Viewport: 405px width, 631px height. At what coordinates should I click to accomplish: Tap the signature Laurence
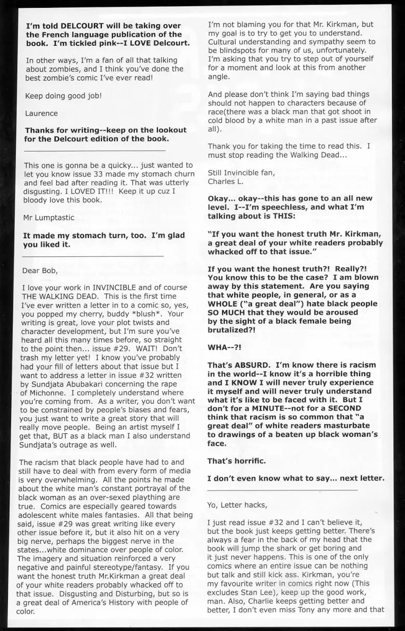[x=42, y=113]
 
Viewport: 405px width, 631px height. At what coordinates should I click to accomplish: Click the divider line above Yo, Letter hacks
[x=282, y=490]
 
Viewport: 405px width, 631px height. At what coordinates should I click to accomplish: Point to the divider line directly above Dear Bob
[x=94, y=256]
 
